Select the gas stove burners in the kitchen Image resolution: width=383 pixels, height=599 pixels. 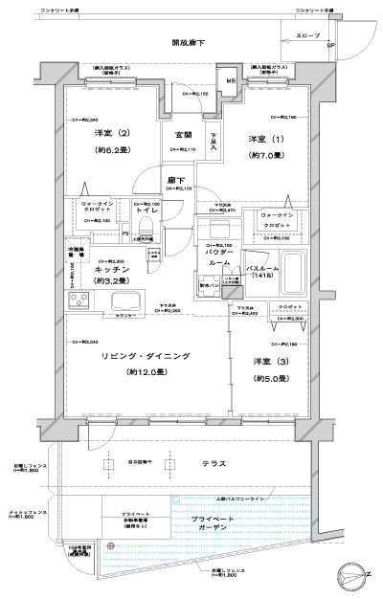[x=78, y=301]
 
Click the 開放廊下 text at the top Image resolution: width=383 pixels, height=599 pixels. [x=191, y=43]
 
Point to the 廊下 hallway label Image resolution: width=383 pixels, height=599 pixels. [x=177, y=179]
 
